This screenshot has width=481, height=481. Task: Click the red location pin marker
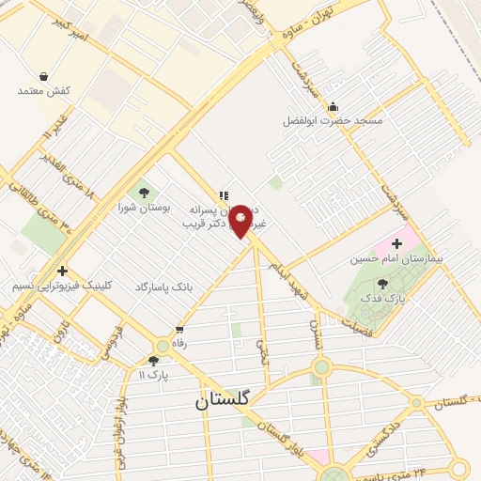click(x=241, y=221)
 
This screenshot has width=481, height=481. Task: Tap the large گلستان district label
click(x=223, y=399)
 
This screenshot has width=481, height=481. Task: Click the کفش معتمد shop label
click(x=44, y=91)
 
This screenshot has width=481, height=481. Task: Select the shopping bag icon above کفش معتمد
click(x=44, y=76)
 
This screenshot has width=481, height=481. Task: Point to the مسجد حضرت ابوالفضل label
click(x=334, y=120)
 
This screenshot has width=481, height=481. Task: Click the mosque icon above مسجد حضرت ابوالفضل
click(x=334, y=105)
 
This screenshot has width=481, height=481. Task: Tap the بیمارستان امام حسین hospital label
click(x=396, y=257)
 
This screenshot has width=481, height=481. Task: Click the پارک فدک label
click(x=382, y=298)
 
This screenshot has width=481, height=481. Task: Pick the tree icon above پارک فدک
click(x=382, y=283)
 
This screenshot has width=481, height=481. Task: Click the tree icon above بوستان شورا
click(x=143, y=193)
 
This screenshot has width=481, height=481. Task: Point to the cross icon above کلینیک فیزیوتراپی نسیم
click(x=62, y=271)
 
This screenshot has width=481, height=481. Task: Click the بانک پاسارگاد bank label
click(x=163, y=286)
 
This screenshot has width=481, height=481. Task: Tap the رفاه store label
click(x=178, y=344)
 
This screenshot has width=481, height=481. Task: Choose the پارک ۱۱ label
click(x=152, y=374)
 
